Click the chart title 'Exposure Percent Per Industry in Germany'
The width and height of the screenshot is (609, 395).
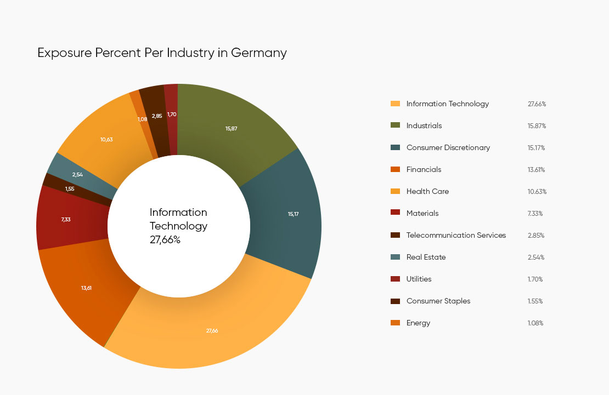point(162,53)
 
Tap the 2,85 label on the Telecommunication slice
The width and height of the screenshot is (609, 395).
point(157,116)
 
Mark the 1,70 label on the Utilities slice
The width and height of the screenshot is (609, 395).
point(172,115)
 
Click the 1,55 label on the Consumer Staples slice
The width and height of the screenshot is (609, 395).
point(69,189)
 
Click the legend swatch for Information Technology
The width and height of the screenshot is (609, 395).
point(395,104)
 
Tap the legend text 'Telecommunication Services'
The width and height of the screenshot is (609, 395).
point(456,235)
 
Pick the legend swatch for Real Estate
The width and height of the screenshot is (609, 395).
point(395,257)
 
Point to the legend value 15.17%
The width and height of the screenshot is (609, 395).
point(537,148)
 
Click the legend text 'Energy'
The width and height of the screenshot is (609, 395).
point(418,323)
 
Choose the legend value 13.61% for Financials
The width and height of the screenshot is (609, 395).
point(536,170)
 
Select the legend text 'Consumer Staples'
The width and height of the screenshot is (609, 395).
point(438,301)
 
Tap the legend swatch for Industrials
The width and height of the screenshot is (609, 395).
point(395,125)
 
